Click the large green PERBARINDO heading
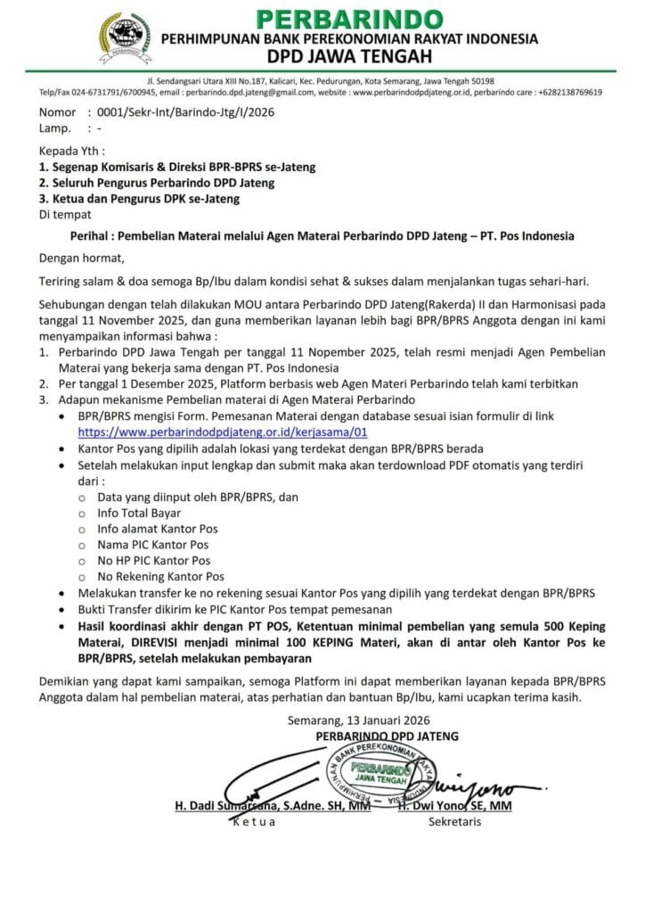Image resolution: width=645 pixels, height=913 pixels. [349, 18]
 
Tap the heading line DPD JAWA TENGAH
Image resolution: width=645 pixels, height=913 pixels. [349, 58]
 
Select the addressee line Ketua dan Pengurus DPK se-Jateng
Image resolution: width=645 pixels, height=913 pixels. [138, 199]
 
